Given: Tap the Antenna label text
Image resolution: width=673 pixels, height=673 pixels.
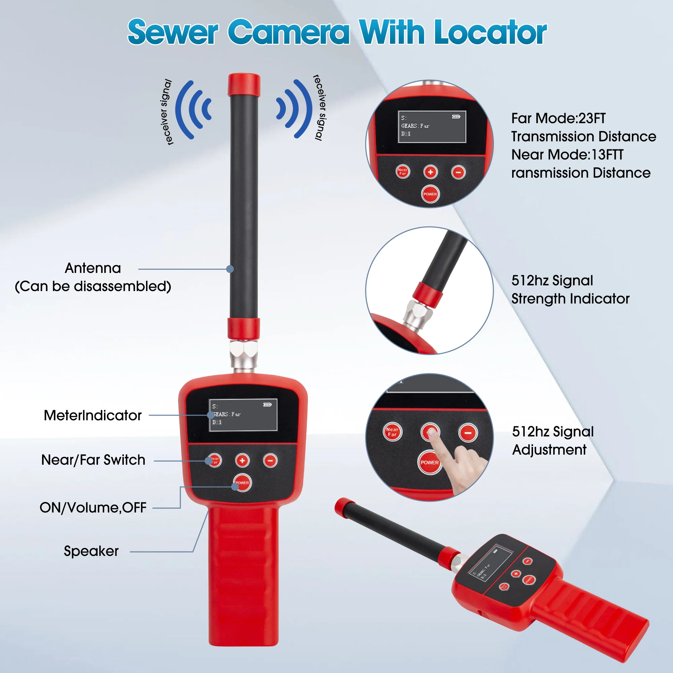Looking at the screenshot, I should point(93,268).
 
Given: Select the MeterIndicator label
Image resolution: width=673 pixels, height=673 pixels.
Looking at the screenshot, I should point(93,415).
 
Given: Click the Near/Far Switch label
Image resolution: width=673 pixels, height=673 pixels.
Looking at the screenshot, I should point(93,460).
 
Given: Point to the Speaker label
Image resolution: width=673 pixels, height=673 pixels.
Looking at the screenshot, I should point(91,551).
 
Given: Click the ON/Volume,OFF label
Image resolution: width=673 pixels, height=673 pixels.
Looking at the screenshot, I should point(93,507).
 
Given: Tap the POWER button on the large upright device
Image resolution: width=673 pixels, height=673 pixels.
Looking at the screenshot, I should point(242,483).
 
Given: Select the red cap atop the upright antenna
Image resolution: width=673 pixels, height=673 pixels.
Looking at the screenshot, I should point(244,85).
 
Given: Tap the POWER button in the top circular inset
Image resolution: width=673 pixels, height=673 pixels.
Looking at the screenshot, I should point(430,194).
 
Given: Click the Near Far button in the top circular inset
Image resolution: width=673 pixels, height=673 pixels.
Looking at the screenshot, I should point(403,171).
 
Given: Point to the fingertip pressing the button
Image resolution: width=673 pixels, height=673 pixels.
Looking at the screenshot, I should point(432,433).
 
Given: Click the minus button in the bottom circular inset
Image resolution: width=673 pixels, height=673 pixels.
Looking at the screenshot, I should point(468,433).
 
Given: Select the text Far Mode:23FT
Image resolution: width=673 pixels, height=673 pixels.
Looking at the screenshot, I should point(558,118).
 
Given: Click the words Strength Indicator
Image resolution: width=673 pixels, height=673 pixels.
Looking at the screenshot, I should point(570,299).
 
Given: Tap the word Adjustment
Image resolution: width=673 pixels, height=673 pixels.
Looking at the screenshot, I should point(550,450).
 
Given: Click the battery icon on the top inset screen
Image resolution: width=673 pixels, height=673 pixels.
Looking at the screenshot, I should point(456,117).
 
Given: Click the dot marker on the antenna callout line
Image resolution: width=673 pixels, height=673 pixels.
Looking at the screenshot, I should point(230,269).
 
